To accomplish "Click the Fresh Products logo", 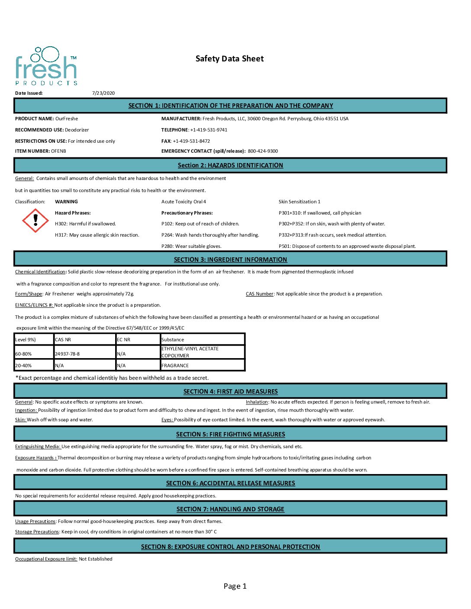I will coord(46,66).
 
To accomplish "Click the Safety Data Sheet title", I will coord(229,59).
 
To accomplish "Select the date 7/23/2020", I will coord(103,93).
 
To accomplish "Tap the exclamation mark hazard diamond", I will coord(35,220).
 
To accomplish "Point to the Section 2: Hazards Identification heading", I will coord(230,165).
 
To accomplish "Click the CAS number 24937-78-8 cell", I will coord(68,354).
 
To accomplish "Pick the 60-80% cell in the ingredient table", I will coord(24,354).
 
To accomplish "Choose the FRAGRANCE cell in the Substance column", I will coord(175,365).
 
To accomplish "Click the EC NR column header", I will coord(124,340).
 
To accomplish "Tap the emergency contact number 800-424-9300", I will coord(263,151).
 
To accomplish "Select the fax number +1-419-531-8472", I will coord(191,141).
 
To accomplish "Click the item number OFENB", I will coord(58,151).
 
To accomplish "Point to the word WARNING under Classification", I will coord(66,202).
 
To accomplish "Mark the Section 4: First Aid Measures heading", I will coord(230,391).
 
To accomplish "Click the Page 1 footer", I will coord(235,586).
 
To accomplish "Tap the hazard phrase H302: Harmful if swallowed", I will coord(85,224).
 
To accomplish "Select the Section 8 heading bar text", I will coord(230,547).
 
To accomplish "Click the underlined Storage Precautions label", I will coord(37,532).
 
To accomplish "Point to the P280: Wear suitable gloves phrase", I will coord(191,246).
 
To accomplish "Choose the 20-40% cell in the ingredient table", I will coord(24,365).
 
